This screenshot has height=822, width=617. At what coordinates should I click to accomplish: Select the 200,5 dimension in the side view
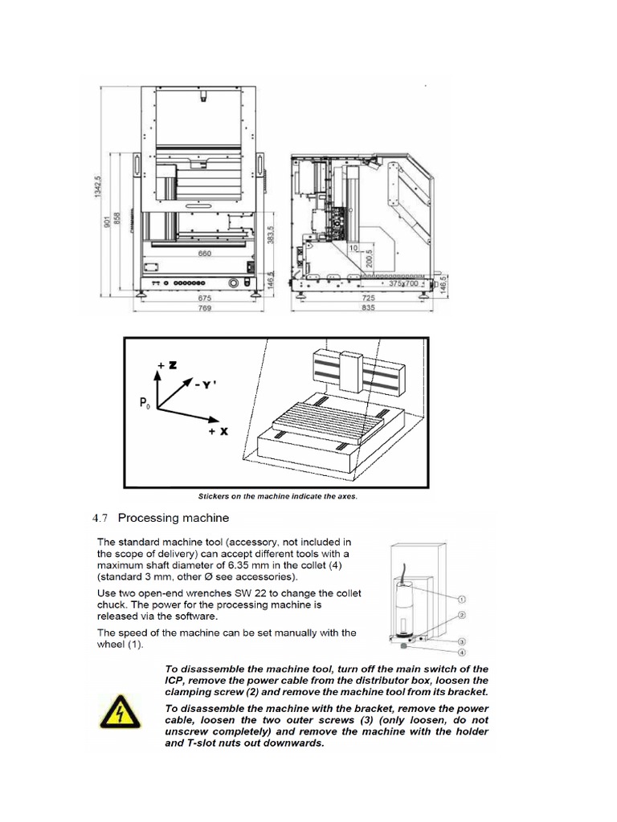click(370, 258)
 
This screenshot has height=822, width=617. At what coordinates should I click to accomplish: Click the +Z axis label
click(166, 365)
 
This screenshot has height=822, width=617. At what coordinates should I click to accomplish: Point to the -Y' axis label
click(206, 385)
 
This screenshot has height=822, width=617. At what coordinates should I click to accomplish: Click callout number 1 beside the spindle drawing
click(463, 598)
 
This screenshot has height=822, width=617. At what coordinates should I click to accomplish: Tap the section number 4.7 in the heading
click(105, 517)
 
